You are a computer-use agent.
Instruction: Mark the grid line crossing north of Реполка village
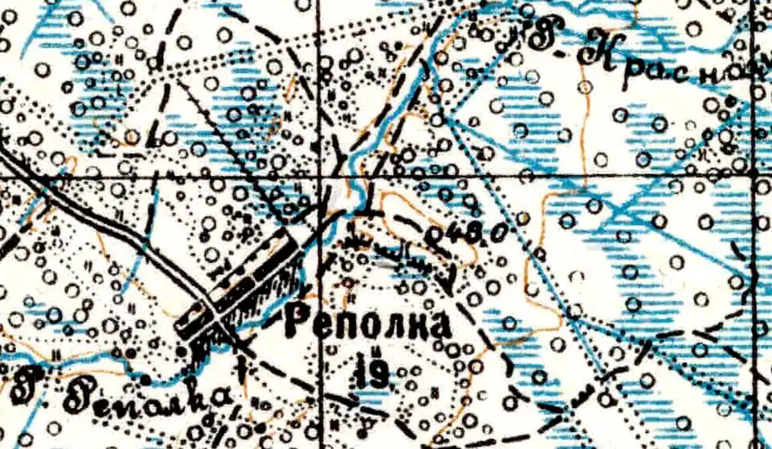click(318, 175)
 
